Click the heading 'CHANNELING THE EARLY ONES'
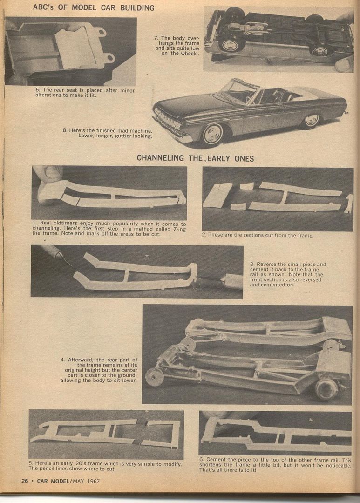tap(195, 158)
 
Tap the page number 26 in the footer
tap(25, 481)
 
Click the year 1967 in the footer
tap(93, 481)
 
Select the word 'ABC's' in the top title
tap(43, 7)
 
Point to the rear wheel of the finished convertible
tap(311, 120)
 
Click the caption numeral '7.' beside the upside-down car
tap(156, 38)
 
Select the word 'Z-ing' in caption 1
tap(179, 229)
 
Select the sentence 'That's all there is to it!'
tap(228, 470)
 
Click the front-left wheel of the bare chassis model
tap(153, 377)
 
